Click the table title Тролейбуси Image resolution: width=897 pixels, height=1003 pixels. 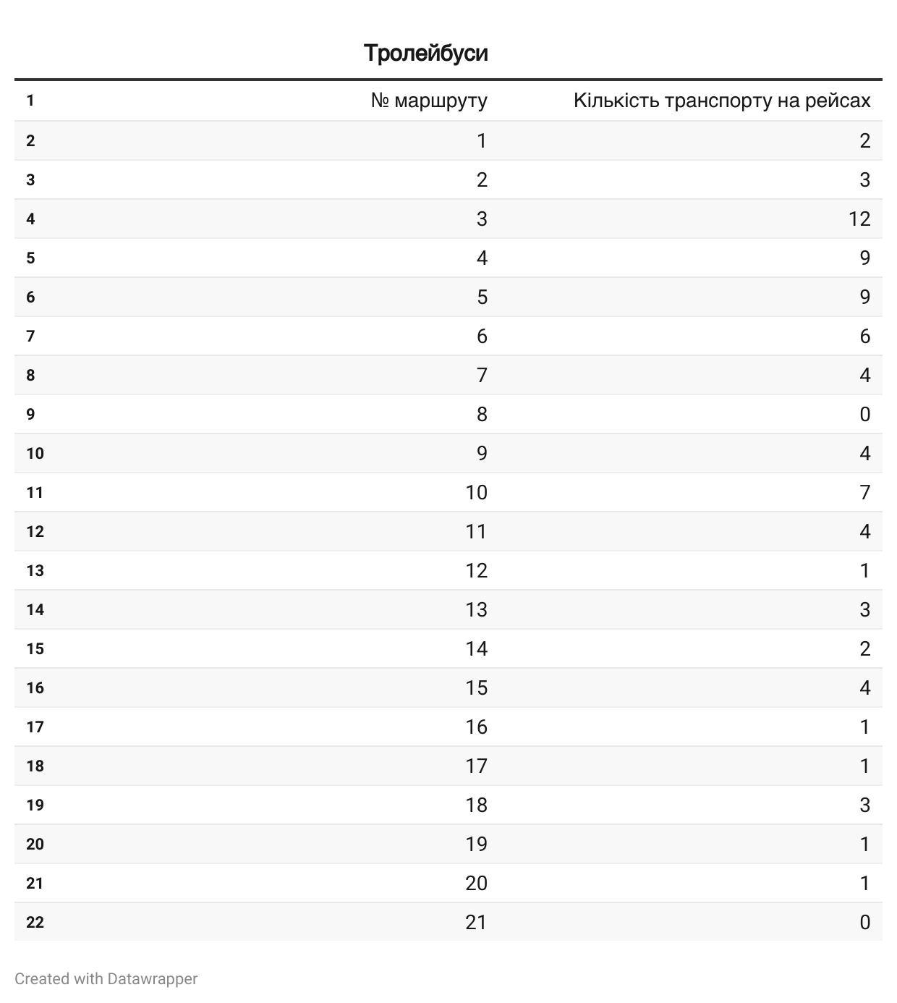pyautogui.click(x=425, y=53)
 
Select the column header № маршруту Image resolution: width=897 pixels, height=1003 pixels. pyautogui.click(x=429, y=101)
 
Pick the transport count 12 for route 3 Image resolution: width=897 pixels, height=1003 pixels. pyautogui.click(x=859, y=219)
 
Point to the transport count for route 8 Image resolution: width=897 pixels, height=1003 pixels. pyautogui.click(x=864, y=414)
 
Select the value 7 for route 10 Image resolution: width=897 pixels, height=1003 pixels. pyautogui.click(x=864, y=492)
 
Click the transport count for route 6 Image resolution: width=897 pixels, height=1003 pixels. pyautogui.click(x=864, y=336)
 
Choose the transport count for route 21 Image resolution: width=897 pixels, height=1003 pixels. pyautogui.click(x=864, y=922)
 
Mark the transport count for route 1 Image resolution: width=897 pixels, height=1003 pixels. pyautogui.click(x=864, y=140)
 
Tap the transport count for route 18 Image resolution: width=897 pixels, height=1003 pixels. pyautogui.click(x=864, y=805)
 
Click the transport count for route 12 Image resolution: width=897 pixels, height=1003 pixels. pyautogui.click(x=864, y=570)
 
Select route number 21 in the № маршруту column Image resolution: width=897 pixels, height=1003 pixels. pyautogui.click(x=476, y=922)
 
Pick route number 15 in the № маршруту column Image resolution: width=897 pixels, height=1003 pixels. pyautogui.click(x=476, y=687)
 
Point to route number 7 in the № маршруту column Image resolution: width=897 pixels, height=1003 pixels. pyautogui.click(x=482, y=375)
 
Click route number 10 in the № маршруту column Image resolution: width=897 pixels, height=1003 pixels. pyautogui.click(x=476, y=492)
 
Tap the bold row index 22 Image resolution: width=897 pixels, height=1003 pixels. pyautogui.click(x=35, y=922)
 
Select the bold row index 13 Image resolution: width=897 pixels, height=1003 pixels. pyautogui.click(x=35, y=570)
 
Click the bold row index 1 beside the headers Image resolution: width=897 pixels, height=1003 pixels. pyautogui.click(x=30, y=101)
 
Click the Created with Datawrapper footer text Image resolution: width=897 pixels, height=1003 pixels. pyautogui.click(x=106, y=978)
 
